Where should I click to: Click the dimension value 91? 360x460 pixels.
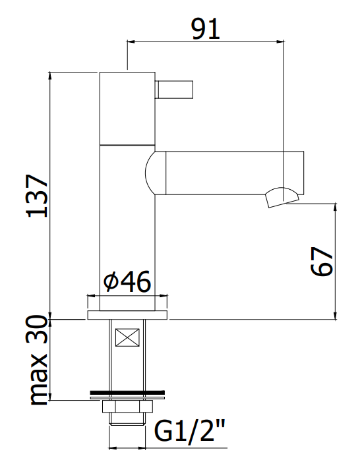tap(205, 28)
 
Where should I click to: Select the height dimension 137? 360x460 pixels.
tap(37, 196)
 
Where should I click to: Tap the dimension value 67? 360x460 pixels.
tap(322, 262)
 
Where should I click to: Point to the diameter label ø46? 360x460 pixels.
tap(127, 281)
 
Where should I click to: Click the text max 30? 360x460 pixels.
tap(37, 360)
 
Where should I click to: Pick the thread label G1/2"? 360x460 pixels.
tap(189, 430)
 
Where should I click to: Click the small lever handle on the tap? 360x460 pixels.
tap(174, 90)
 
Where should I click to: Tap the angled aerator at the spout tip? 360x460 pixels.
tap(282, 198)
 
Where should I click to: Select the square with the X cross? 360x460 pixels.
tap(127, 337)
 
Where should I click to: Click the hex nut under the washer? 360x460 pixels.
tap(127, 407)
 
